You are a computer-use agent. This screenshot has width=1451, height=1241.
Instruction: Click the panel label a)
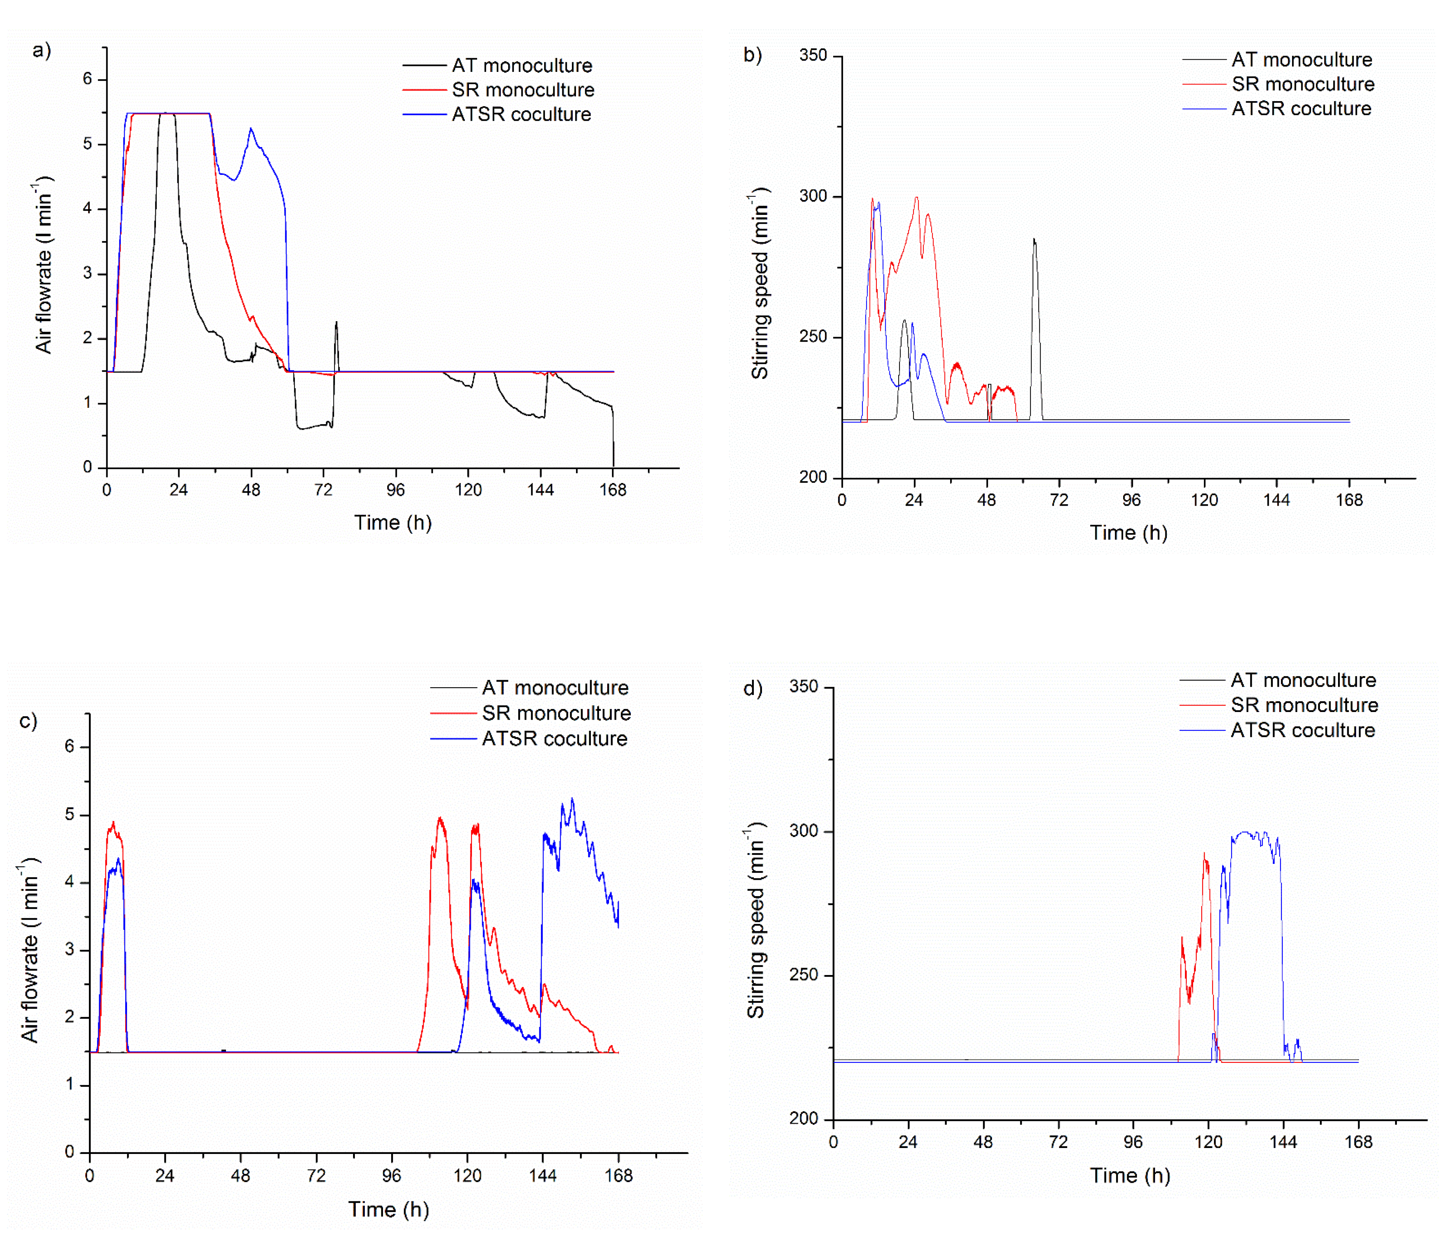tap(41, 50)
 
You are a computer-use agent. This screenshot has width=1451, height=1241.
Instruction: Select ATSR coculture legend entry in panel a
tap(521, 114)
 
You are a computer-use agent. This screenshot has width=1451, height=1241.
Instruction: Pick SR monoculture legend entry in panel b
tap(1302, 84)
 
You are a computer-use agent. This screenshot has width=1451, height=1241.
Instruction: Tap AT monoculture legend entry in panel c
tap(555, 688)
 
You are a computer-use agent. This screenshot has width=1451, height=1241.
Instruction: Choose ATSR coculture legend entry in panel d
tap(1302, 731)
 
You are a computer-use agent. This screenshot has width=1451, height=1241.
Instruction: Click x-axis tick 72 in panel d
tap(1058, 1142)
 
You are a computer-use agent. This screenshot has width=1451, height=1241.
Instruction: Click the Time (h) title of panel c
tap(389, 1210)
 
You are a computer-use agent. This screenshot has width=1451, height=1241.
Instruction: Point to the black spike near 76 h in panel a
tap(336, 323)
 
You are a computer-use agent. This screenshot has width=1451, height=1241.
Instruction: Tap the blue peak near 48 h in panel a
tap(251, 130)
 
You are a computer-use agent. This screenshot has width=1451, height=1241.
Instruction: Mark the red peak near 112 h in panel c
tap(440, 819)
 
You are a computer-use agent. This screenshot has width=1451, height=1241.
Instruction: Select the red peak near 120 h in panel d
tap(1205, 854)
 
